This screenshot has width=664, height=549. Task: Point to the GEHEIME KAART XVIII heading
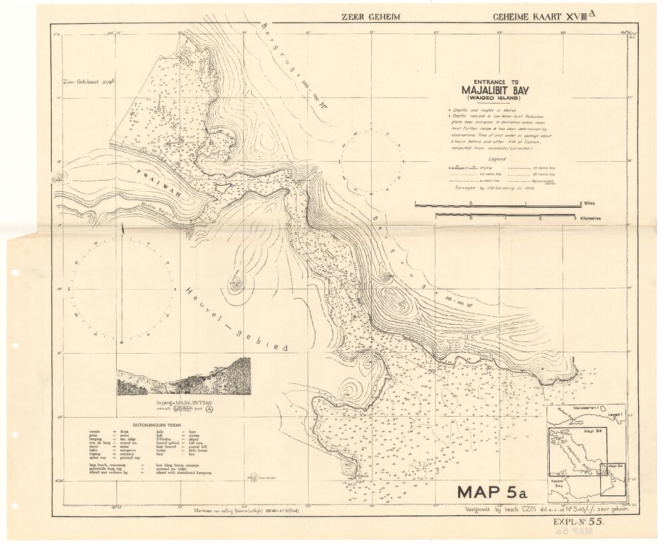point(539,15)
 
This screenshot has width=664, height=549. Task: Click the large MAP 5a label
point(492,493)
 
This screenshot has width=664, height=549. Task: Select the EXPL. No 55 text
point(578,523)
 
